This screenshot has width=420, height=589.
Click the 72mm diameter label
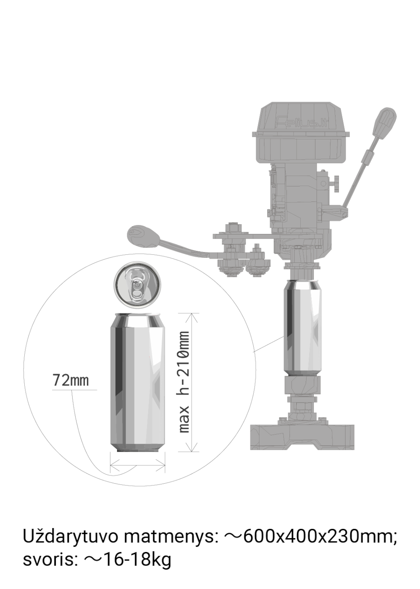point(71,380)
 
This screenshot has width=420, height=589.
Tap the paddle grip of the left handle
point(143,236)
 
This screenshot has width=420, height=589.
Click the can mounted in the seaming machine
point(302,328)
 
